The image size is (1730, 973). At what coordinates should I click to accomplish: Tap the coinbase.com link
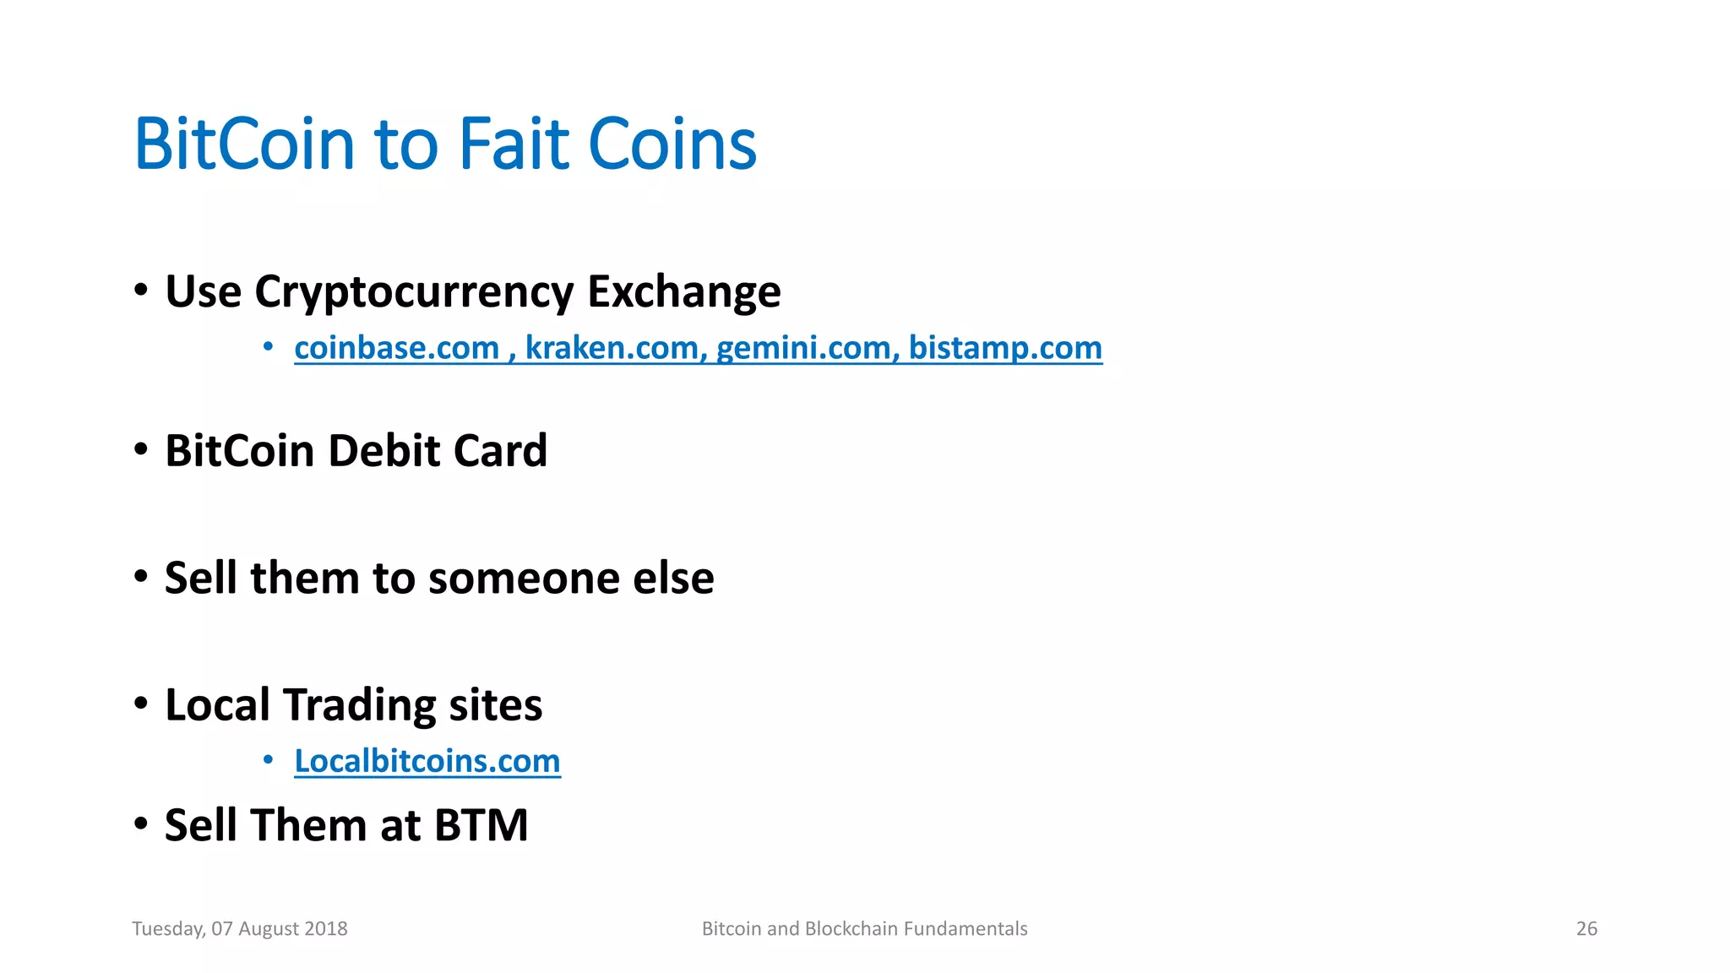click(396, 348)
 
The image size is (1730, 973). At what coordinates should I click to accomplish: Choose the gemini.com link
click(808, 348)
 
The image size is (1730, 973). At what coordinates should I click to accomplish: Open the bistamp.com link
click(1005, 348)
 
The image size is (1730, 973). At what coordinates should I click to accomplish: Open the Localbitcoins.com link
click(427, 761)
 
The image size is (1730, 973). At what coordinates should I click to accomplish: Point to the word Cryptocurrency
click(413, 292)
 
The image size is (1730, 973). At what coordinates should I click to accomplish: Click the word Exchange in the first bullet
click(683, 291)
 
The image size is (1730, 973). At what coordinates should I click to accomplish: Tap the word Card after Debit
click(500, 450)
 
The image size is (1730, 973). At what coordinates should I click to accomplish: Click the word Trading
click(359, 705)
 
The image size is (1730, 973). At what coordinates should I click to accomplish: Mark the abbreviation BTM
click(481, 825)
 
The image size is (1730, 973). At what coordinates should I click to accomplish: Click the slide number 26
click(1586, 928)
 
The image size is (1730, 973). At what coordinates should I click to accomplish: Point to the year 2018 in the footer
click(325, 928)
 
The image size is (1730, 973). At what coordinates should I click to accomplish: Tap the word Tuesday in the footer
click(168, 928)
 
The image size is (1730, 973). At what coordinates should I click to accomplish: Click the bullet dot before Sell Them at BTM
click(141, 823)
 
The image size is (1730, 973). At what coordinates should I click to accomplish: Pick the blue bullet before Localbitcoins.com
click(268, 760)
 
